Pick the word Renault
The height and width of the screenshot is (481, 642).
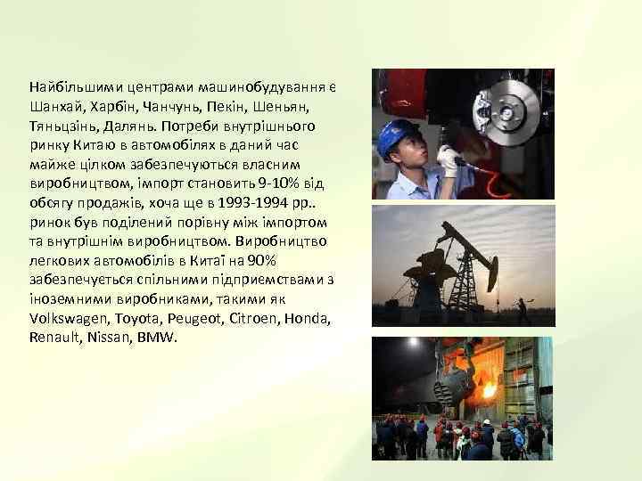click(x=54, y=338)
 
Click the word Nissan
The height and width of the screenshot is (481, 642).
click(x=111, y=338)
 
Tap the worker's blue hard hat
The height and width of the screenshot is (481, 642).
click(x=398, y=135)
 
